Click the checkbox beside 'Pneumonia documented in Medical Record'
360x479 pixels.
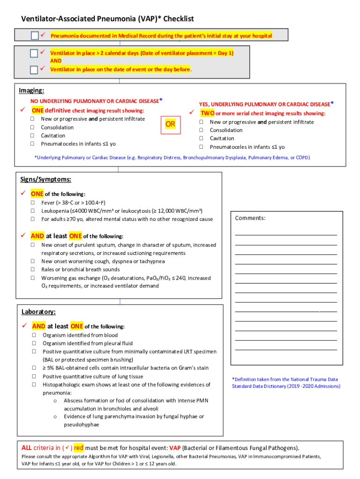pyautogui.click(x=35, y=36)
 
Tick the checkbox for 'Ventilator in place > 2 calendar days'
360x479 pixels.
pyautogui.click(x=34, y=53)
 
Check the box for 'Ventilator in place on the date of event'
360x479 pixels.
pyautogui.click(x=34, y=70)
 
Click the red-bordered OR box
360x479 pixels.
pyautogui.click(x=170, y=124)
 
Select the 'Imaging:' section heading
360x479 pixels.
pyautogui.click(x=31, y=90)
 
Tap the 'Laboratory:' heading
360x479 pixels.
pyautogui.click(x=38, y=312)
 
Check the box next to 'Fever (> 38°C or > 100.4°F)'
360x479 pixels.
pyautogui.click(x=33, y=203)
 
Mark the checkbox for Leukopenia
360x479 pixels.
pyautogui.click(x=33, y=211)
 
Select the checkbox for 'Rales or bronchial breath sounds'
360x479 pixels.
pyautogui.click(x=33, y=269)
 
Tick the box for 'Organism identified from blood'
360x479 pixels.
pyautogui.click(x=34, y=335)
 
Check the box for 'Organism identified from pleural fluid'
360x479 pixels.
pyautogui.click(x=34, y=343)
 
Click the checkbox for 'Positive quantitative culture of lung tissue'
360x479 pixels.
pyautogui.click(x=34, y=376)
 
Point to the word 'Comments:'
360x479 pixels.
pyautogui.click(x=250, y=218)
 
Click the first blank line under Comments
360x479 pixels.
pyautogui.click(x=286, y=234)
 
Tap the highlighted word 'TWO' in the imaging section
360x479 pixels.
pyautogui.click(x=208, y=113)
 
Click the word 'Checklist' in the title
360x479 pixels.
pyautogui.click(x=175, y=19)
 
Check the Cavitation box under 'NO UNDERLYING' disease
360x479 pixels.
pyautogui.click(x=33, y=136)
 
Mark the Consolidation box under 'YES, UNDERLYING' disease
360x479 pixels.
pyautogui.click(x=202, y=130)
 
